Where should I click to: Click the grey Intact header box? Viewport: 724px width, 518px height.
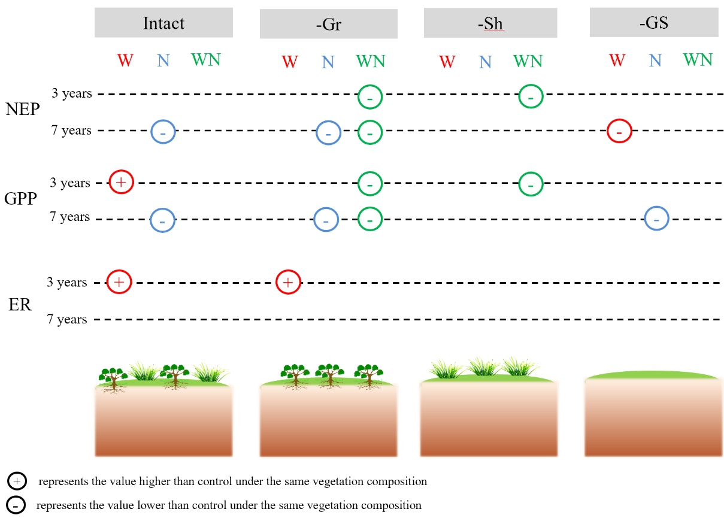tap(163, 23)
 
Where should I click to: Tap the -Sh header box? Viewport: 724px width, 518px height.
tap(490, 25)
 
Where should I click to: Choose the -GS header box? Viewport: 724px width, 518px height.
tap(654, 23)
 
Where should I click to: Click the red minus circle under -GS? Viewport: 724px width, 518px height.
tap(619, 130)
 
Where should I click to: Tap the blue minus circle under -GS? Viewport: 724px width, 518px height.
tap(656, 219)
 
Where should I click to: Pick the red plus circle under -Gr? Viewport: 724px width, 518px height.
tap(288, 282)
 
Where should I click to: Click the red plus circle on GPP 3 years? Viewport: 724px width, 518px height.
tap(121, 182)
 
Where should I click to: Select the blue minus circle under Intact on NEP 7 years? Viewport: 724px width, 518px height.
tap(163, 131)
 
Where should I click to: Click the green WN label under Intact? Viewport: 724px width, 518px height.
tap(205, 59)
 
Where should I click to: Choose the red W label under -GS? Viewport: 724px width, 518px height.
tap(617, 60)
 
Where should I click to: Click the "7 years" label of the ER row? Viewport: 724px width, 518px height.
tap(68, 320)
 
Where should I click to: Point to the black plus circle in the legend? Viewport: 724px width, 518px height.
tap(16, 481)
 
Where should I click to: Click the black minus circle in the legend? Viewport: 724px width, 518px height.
tap(16, 505)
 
